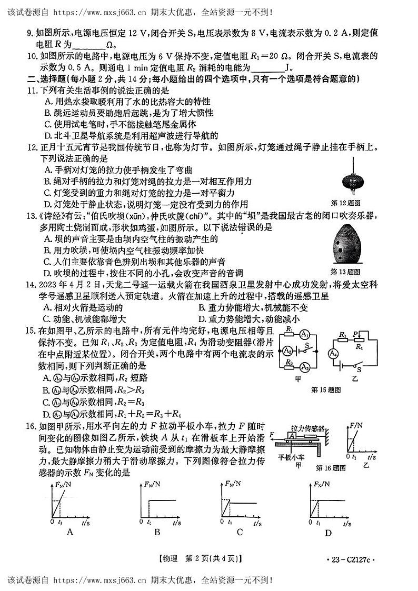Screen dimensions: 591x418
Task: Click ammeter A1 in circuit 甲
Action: coord(304,335)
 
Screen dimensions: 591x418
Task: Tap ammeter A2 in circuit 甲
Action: coord(287,350)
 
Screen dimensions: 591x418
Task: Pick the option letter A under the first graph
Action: coord(70,532)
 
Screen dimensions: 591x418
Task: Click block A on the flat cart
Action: coord(291,435)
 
